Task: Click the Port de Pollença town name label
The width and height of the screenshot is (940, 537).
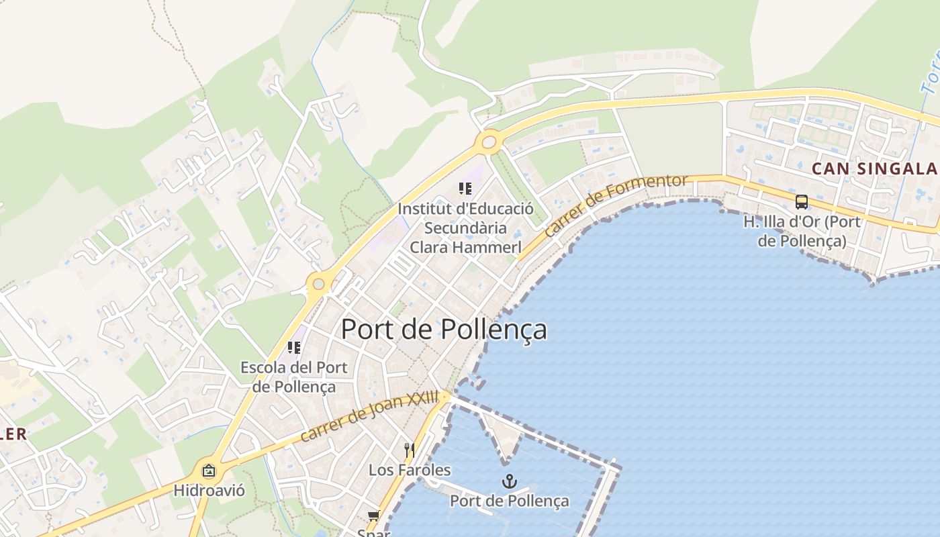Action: [x=444, y=330]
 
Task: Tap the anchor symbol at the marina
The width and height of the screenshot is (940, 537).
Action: [x=510, y=481]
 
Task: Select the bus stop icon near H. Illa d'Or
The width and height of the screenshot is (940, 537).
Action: [x=801, y=201]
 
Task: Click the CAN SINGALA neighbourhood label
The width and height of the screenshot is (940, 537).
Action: [x=874, y=168]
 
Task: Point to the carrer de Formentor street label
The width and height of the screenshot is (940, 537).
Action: [x=616, y=205]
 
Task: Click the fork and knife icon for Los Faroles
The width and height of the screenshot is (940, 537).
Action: [x=409, y=449]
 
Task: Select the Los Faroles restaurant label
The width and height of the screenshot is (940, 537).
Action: [x=410, y=470]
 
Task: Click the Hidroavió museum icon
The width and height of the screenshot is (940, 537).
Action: [x=209, y=471]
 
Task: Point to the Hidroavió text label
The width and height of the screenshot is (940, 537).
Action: [x=209, y=491]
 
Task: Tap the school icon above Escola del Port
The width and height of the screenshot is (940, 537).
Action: [x=293, y=348]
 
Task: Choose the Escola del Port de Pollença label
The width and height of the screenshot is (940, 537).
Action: [x=294, y=377]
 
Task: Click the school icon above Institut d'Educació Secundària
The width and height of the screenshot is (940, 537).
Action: [x=465, y=189]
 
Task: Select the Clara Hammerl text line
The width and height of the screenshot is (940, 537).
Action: [x=465, y=247]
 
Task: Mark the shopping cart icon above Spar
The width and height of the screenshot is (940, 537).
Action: [x=373, y=516]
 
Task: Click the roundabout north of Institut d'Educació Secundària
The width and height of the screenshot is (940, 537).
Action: [x=488, y=142]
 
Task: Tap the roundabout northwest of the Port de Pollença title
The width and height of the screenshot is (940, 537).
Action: [x=318, y=284]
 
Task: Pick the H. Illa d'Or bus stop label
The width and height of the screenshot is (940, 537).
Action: [x=802, y=230]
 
